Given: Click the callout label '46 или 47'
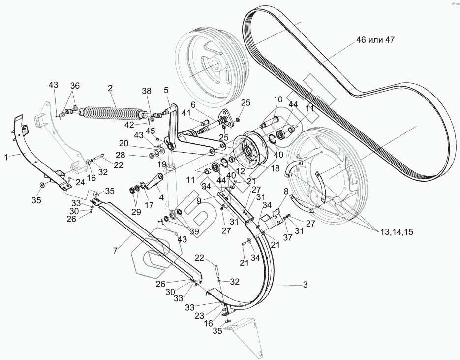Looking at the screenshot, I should tap(375, 40).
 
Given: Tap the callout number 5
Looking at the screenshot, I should tap(166, 90).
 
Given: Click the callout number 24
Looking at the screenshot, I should tap(80, 182).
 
